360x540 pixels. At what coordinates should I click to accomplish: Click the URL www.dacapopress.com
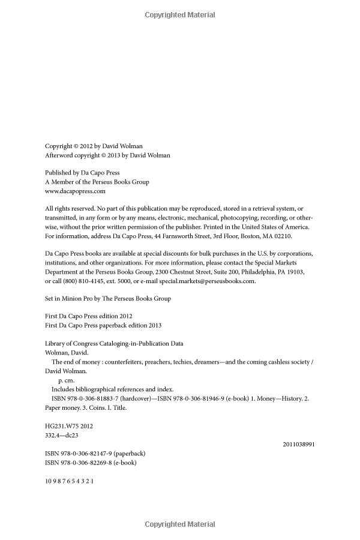pos(75,191)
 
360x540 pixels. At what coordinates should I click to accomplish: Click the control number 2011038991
pos(298,444)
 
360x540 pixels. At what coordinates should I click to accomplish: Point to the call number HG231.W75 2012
pos(69,425)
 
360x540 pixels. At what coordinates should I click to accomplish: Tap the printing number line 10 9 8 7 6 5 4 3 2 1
pos(70,481)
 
